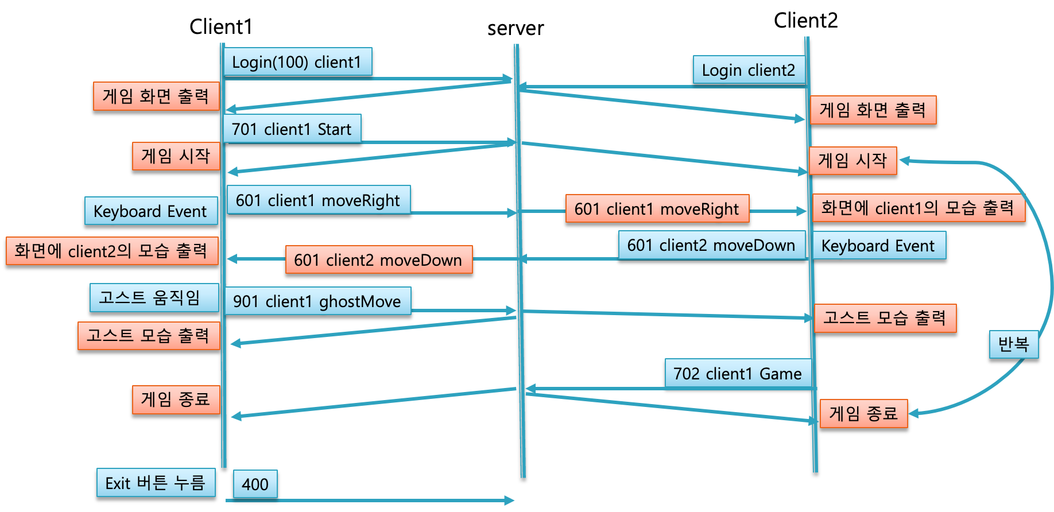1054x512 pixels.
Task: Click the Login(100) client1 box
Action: coord(297,62)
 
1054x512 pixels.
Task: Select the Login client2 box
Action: coord(749,70)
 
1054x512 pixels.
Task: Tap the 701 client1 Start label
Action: coord(292,129)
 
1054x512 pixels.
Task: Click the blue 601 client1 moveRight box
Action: coord(318,200)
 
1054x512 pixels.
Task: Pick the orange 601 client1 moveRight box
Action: coord(657,208)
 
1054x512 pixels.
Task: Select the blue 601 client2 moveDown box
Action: coord(711,245)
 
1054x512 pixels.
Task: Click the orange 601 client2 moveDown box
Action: coord(378,260)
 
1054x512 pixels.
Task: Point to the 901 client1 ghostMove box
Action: coord(317,301)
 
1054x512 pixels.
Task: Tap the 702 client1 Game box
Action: coord(738,373)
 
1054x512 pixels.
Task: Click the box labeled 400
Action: coord(255,484)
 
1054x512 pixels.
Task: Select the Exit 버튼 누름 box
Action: coord(156,483)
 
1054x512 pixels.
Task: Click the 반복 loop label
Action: coord(1013,344)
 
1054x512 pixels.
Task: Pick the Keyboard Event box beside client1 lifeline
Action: coord(150,211)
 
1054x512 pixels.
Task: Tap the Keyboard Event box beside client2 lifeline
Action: coord(878,246)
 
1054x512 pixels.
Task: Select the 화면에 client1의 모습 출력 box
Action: coord(918,208)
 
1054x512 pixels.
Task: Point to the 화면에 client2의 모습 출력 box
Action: coord(112,251)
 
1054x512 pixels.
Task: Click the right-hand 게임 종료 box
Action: coord(863,413)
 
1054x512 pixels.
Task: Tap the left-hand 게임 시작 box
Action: coord(176,156)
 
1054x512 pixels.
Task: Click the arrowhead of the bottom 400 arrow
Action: coord(510,501)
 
